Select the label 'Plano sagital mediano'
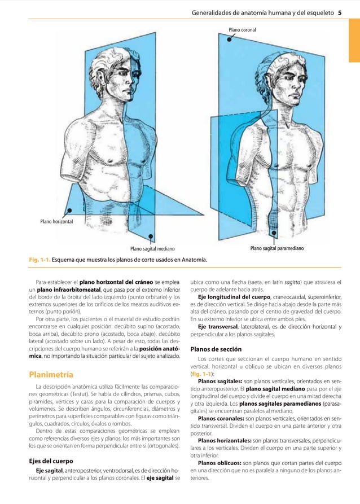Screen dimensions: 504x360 152,248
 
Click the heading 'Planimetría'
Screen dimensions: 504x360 52,374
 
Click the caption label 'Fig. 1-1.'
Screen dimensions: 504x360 41,260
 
